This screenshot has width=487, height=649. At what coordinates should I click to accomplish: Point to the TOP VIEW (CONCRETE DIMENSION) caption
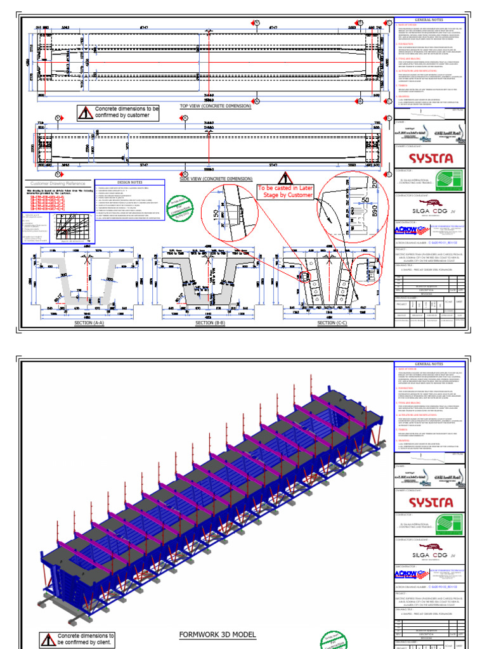click(x=216, y=106)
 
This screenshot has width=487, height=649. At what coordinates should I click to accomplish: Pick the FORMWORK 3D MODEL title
click(x=218, y=634)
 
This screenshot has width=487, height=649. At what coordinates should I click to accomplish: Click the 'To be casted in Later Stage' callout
click(x=285, y=192)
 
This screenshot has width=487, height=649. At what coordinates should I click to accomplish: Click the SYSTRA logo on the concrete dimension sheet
click(x=431, y=157)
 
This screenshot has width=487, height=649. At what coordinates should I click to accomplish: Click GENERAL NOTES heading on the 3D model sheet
click(x=429, y=364)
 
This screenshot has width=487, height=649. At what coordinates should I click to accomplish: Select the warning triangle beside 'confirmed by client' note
click(x=48, y=639)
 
